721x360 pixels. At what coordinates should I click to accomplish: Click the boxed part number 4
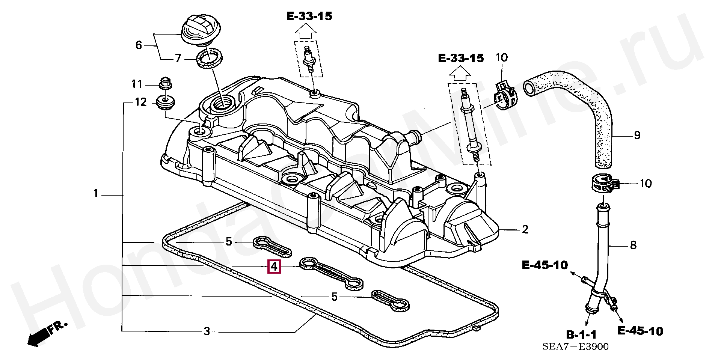click(x=274, y=267)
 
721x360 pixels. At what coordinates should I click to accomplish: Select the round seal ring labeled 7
click(x=210, y=58)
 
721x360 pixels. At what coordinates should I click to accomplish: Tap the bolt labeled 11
click(x=165, y=83)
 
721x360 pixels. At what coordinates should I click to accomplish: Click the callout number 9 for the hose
click(x=637, y=136)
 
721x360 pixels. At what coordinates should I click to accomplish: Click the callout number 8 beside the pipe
click(x=633, y=246)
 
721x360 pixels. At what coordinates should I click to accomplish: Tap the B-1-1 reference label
click(x=581, y=334)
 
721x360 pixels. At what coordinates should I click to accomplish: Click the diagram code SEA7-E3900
click(x=575, y=347)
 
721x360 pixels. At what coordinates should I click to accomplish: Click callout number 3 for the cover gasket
click(x=207, y=331)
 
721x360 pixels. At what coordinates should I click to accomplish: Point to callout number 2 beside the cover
click(x=525, y=229)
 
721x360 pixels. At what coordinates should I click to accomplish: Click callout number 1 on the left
click(x=96, y=194)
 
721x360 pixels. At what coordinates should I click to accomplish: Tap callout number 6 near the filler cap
click(x=139, y=45)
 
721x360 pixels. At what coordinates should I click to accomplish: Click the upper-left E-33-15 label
click(x=309, y=16)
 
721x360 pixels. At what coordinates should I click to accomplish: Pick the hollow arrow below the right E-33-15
click(x=460, y=73)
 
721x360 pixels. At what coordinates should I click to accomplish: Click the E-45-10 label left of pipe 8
click(x=545, y=265)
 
